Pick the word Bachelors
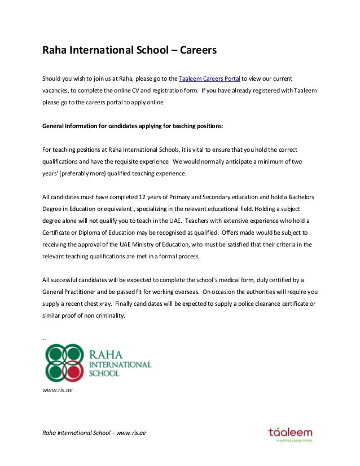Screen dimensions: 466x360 point(298,197)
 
